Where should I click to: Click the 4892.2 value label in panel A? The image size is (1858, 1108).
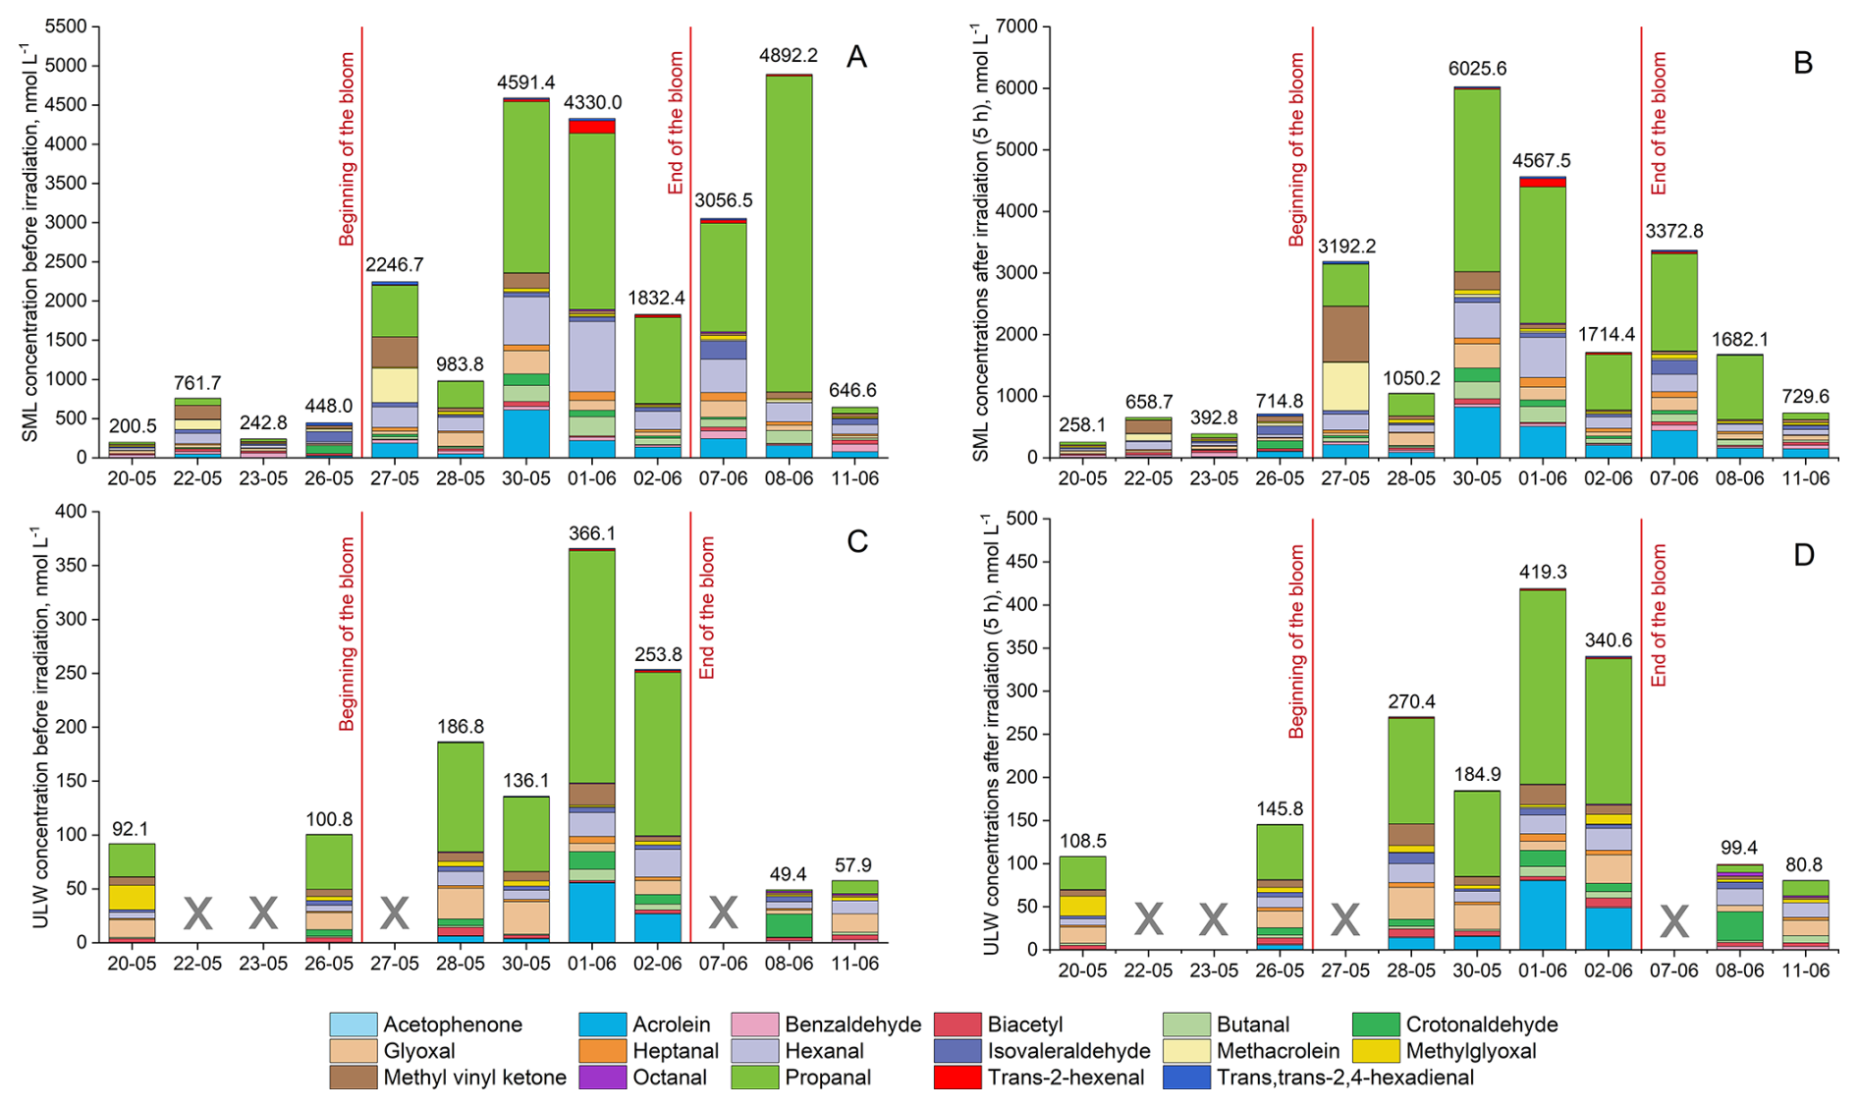(788, 57)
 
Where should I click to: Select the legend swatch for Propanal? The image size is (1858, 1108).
(754, 1078)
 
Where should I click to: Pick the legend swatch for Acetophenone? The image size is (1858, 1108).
(353, 1025)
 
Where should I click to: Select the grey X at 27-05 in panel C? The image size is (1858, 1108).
(394, 914)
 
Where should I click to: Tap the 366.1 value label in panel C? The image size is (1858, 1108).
(591, 533)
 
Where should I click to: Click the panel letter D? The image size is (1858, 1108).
(1803, 555)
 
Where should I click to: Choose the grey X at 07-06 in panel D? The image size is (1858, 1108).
(1673, 920)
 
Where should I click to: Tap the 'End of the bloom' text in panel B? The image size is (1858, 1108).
(1659, 123)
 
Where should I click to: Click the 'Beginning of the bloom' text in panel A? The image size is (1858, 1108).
(347, 148)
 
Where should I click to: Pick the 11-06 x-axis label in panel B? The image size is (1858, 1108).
(1805, 478)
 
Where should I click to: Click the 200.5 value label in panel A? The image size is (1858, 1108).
(132, 425)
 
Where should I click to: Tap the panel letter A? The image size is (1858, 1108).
(856, 57)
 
